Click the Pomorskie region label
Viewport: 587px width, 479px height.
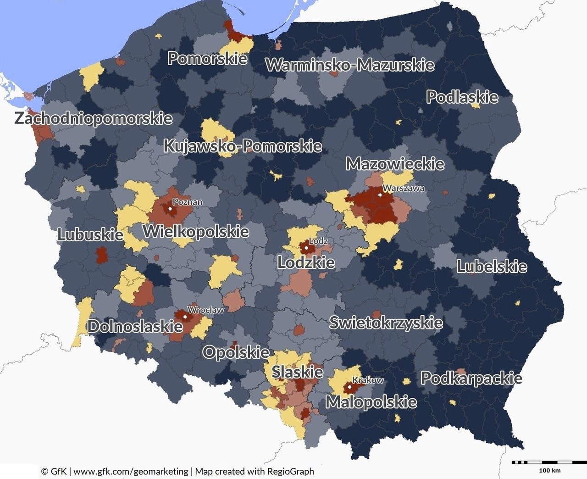pyautogui.click(x=207, y=58)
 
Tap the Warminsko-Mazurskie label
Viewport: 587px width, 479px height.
pyautogui.click(x=350, y=65)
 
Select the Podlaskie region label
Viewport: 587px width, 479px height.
pyautogui.click(x=462, y=97)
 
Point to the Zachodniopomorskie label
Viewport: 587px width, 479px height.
pyautogui.click(x=94, y=118)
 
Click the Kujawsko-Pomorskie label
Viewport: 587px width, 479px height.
pyautogui.click(x=243, y=146)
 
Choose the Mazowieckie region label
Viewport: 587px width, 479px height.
pyautogui.click(x=395, y=164)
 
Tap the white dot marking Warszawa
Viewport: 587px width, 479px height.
pyautogui.click(x=380, y=195)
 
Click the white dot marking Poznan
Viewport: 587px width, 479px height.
pyautogui.click(x=171, y=209)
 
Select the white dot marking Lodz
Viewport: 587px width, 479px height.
pyautogui.click(x=306, y=248)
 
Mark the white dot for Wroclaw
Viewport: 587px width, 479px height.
pyautogui.click(x=185, y=317)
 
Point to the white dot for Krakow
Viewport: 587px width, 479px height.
pyautogui.click(x=349, y=387)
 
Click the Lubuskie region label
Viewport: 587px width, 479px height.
pyautogui.click(x=90, y=234)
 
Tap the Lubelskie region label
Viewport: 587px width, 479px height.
pyautogui.click(x=492, y=267)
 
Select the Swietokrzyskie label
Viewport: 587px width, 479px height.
pyautogui.click(x=386, y=323)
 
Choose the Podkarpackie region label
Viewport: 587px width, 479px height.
pyautogui.click(x=471, y=379)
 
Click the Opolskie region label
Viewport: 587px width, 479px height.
pyautogui.click(x=236, y=352)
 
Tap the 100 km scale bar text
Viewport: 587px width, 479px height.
pyautogui.click(x=549, y=470)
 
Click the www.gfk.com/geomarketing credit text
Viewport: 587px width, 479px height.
pyautogui.click(x=131, y=471)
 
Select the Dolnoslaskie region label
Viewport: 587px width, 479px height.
pyautogui.click(x=135, y=327)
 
